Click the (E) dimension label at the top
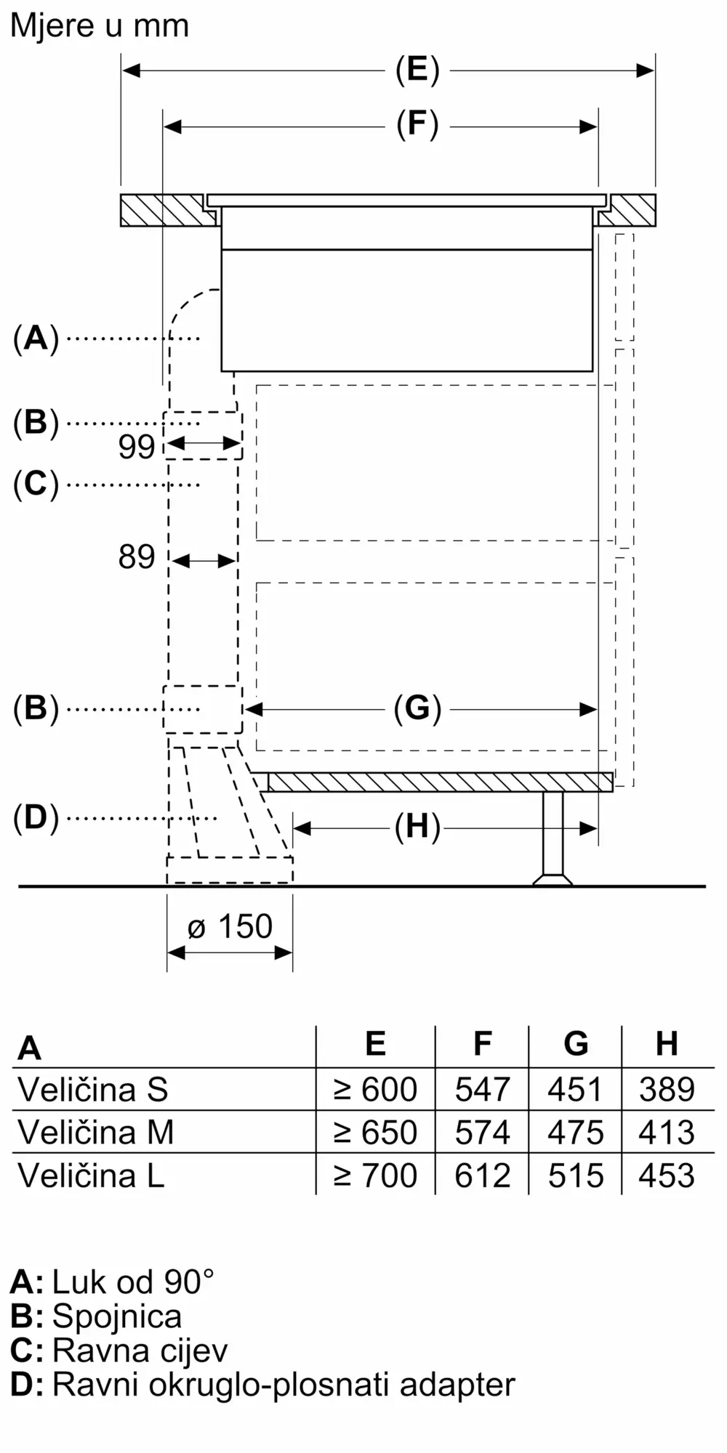click(417, 70)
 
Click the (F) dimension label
click(417, 125)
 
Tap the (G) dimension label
click(417, 708)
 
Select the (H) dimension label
click(417, 827)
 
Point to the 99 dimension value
click(137, 447)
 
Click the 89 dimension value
click(137, 557)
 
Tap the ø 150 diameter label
click(230, 926)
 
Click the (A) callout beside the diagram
click(36, 338)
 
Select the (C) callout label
click(36, 484)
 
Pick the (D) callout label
click(36, 818)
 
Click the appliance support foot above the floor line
click(553, 838)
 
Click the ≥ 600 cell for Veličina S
click(375, 1089)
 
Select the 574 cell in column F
click(482, 1132)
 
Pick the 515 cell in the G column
click(576, 1175)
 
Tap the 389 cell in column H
click(667, 1089)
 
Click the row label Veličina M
click(95, 1132)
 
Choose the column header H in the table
click(667, 1044)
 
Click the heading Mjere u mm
click(100, 26)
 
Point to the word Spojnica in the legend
click(116, 1316)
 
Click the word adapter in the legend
click(457, 1385)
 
